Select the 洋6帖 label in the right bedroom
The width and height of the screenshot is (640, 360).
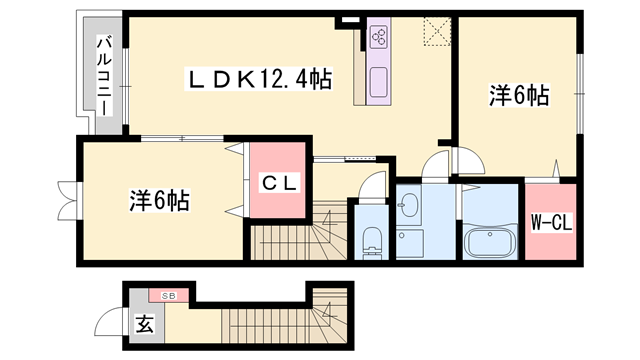(x=517, y=96)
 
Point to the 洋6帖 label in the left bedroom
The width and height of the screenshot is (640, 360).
(x=160, y=199)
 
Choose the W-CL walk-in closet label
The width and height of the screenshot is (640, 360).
(x=550, y=222)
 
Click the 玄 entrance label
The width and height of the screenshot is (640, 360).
(x=144, y=325)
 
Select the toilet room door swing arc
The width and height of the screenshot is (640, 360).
(x=372, y=186)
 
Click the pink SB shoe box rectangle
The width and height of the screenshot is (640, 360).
(x=170, y=296)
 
